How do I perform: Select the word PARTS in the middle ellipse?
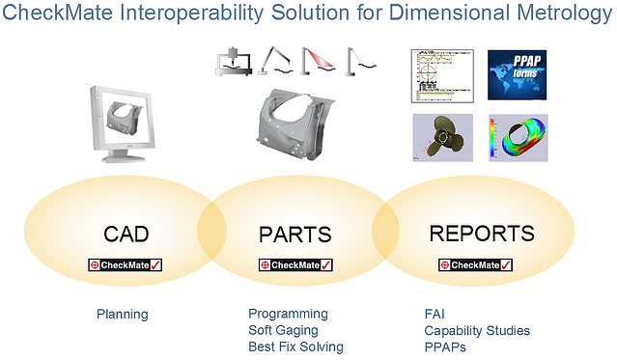click(294, 235)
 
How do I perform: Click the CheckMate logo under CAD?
click(125, 264)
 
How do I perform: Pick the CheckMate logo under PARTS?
click(296, 264)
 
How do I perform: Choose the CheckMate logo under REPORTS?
click(476, 264)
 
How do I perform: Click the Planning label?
click(123, 314)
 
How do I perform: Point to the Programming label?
click(288, 314)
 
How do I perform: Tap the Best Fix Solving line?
click(295, 346)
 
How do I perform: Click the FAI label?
click(435, 314)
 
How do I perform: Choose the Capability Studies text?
click(477, 330)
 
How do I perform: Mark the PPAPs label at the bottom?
click(444, 346)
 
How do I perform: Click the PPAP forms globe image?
click(520, 74)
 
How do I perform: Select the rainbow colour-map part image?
click(521, 137)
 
